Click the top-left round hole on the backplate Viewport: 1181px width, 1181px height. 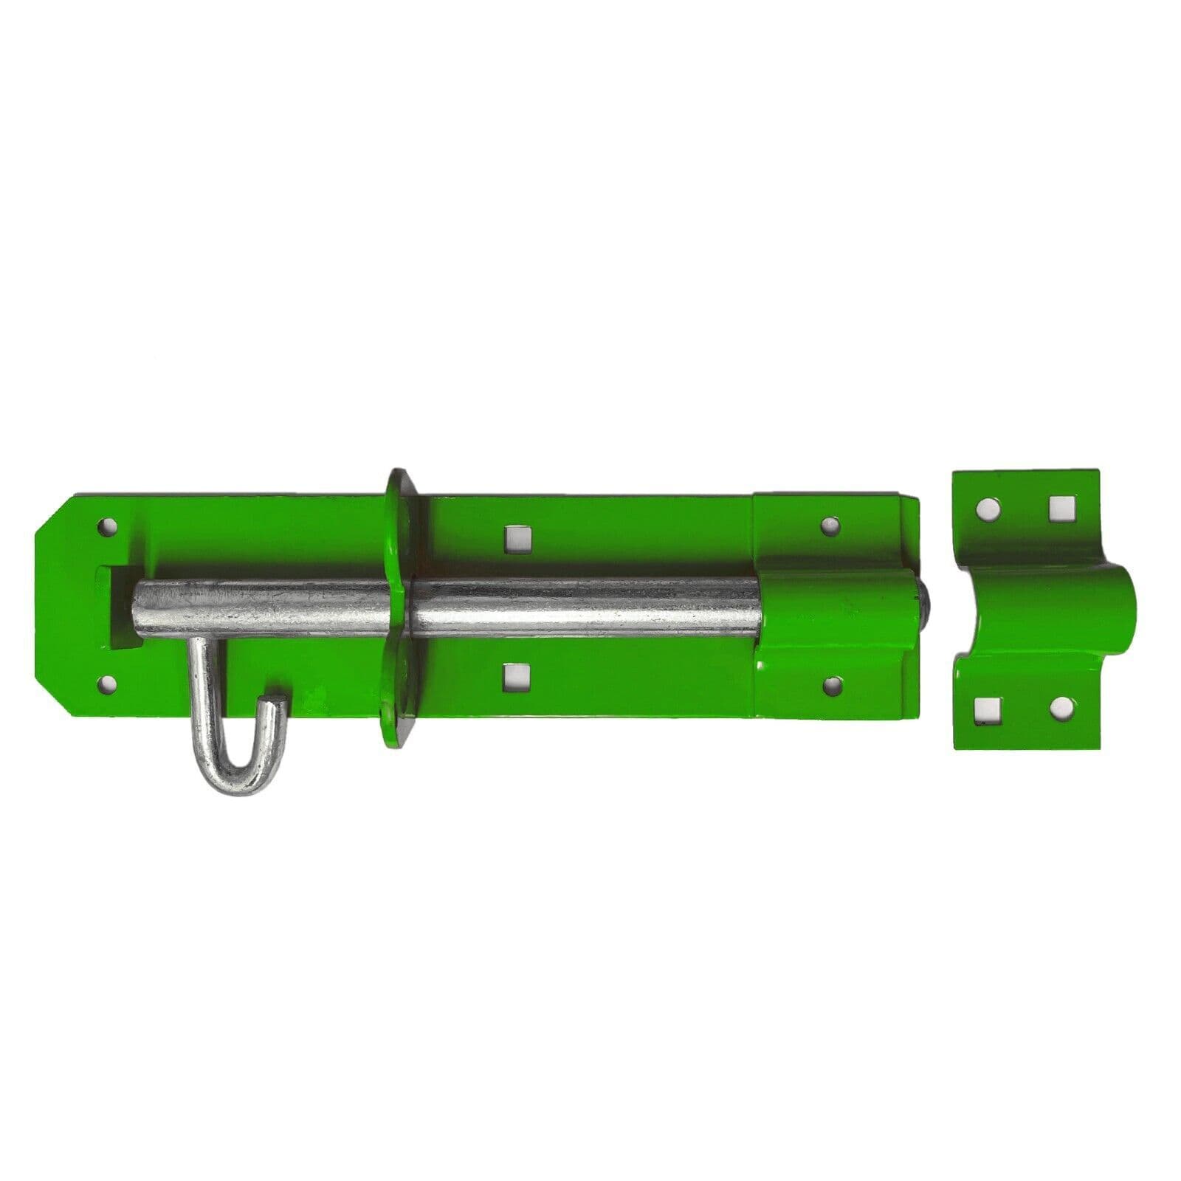[x=109, y=528]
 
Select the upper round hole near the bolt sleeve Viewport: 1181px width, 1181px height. [x=832, y=526]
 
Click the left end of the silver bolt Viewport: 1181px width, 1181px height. [x=140, y=609]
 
